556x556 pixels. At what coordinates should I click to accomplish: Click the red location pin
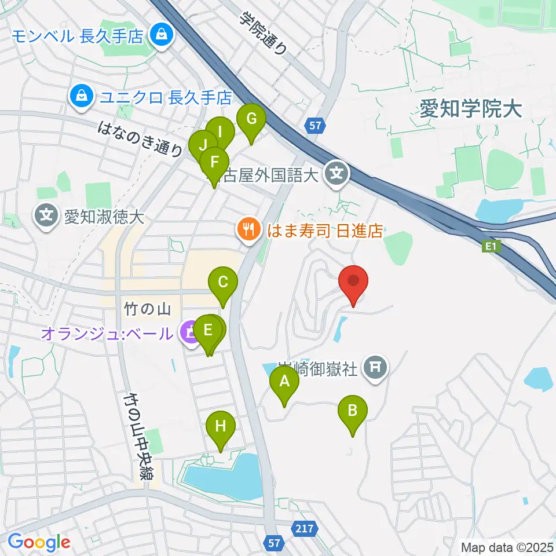(x=353, y=282)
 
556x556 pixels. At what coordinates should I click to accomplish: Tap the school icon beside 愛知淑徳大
(x=46, y=217)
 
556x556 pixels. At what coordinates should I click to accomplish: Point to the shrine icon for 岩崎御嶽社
(x=375, y=366)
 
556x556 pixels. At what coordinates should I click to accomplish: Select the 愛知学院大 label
(x=471, y=108)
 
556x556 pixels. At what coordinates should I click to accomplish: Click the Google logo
(x=39, y=543)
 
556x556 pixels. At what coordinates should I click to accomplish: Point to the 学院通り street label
(x=264, y=33)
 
